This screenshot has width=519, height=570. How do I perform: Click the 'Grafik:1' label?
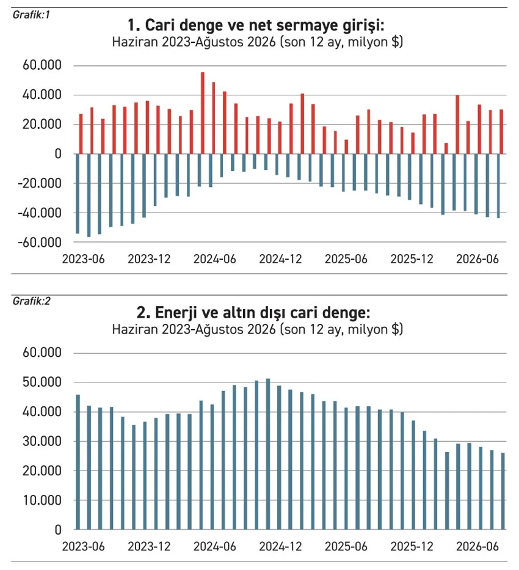31,15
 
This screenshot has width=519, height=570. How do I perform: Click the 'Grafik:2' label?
31,301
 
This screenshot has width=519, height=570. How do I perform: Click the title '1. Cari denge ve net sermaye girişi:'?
256,26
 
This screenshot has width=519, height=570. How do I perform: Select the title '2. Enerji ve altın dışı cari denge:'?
253,313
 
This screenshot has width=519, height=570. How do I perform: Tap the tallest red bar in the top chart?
203,113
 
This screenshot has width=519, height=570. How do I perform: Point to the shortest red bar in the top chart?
446,148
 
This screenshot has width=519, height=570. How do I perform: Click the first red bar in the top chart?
81,134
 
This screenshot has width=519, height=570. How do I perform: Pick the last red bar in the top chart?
501,131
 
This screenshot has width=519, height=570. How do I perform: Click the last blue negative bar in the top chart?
498,186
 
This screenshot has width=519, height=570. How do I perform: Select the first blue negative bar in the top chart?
78,194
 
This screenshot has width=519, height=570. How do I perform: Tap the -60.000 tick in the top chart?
40,243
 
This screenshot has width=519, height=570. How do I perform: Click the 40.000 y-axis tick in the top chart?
42,95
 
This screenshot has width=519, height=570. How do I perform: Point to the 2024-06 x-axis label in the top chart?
215,259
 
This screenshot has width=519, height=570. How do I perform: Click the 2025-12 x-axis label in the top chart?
412,259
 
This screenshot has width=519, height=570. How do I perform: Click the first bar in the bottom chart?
78,462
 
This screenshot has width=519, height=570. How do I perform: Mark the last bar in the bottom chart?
503,491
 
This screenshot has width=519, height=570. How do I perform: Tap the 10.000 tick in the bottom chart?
42,500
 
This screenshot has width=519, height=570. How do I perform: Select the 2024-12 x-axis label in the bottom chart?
280,547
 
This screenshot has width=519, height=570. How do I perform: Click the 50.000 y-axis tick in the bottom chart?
42,382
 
